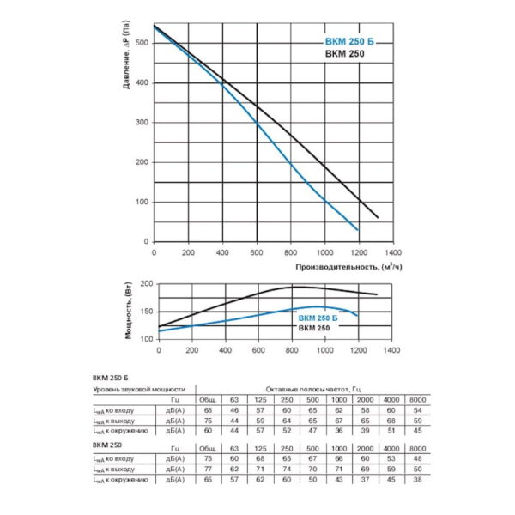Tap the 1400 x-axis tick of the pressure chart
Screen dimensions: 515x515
393,253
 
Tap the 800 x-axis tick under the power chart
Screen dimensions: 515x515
291,351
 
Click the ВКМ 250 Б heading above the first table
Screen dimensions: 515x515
110,378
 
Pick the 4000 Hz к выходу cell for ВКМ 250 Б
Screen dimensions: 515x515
391,421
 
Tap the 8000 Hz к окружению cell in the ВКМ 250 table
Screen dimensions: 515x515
417,479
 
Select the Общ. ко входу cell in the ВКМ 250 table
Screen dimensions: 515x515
206,459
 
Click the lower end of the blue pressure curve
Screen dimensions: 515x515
358,229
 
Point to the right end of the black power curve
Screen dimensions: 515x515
377,294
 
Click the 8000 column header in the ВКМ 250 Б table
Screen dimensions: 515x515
417,400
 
